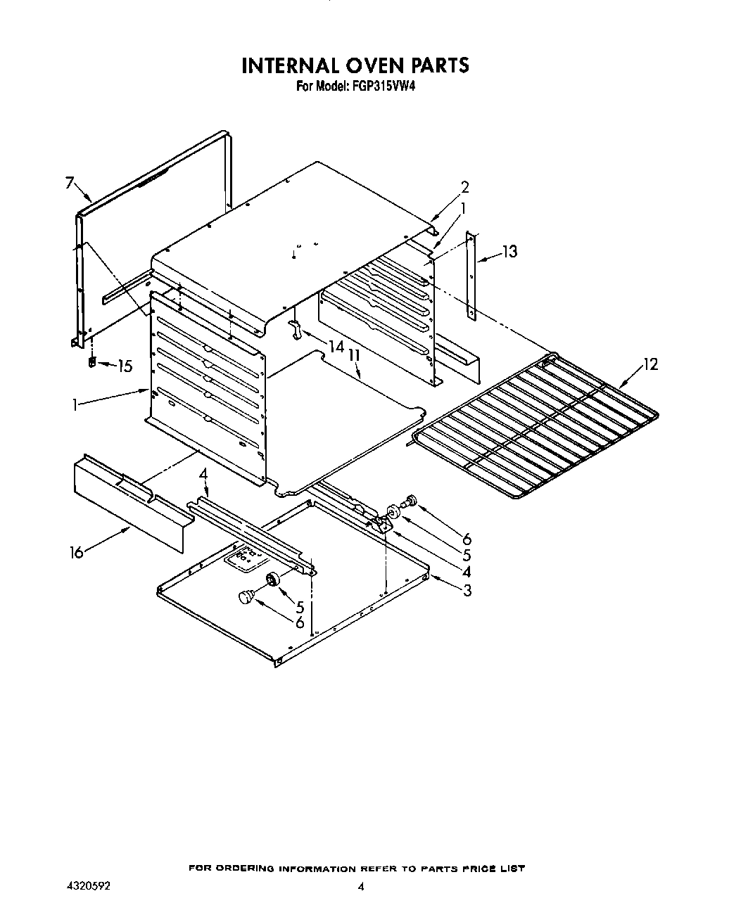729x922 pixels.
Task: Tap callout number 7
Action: (70, 183)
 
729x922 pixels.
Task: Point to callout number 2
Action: (464, 187)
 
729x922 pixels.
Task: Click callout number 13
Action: (509, 251)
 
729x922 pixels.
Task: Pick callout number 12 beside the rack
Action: (650, 364)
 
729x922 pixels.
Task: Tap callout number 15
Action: (125, 366)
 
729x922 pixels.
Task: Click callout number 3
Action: (467, 590)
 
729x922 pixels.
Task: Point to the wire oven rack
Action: (535, 429)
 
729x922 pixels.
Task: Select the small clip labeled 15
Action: (91, 363)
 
